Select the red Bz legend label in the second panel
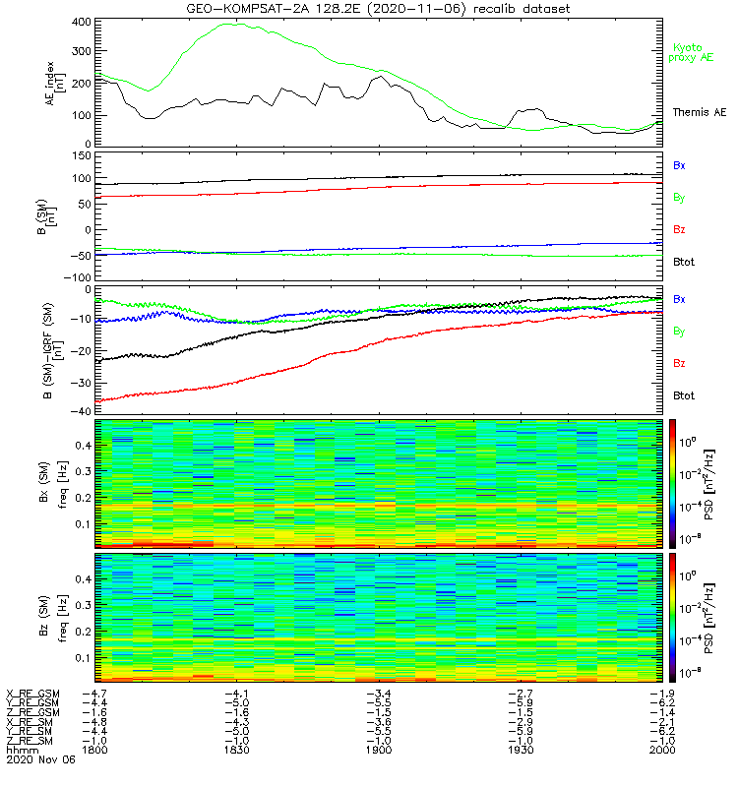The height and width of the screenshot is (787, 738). (x=679, y=229)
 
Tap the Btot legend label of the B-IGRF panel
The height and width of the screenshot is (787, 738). (x=684, y=394)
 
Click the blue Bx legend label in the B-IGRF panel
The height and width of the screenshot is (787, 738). (x=679, y=298)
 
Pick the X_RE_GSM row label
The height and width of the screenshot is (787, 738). (x=32, y=694)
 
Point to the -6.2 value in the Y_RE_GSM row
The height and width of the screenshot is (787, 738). (x=658, y=702)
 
